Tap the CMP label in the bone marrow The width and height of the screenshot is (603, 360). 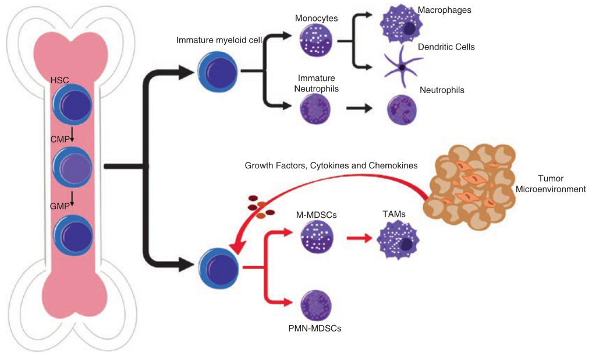pyautogui.click(x=61, y=139)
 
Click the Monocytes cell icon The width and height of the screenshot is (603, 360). pyautogui.click(x=316, y=41)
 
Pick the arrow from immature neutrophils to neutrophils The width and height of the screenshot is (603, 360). pyautogui.click(x=360, y=108)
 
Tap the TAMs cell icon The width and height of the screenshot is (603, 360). pyautogui.click(x=398, y=241)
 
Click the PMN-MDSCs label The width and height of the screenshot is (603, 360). pyautogui.click(x=315, y=329)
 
